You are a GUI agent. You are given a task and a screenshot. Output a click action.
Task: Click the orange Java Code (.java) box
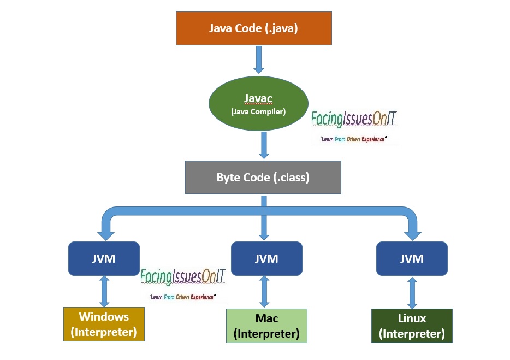click(253, 28)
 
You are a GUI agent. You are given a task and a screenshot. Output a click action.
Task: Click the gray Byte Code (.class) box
click(263, 177)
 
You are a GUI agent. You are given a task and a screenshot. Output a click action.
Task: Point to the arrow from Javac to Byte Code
click(264, 145)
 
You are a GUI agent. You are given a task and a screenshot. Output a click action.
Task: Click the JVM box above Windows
click(104, 258)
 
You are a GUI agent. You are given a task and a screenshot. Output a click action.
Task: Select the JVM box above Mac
click(266, 258)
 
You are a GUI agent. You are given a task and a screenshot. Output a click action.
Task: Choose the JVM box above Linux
click(412, 258)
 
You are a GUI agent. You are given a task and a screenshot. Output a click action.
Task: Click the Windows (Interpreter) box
click(104, 324)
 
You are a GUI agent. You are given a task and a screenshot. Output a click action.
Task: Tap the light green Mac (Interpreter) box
click(266, 326)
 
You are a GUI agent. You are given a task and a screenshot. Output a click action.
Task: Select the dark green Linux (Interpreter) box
click(412, 326)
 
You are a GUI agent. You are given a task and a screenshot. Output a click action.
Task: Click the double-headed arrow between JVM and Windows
click(104, 291)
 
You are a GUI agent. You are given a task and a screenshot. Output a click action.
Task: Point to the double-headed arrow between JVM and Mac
click(265, 292)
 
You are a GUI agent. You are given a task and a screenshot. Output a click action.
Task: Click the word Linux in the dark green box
click(412, 318)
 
